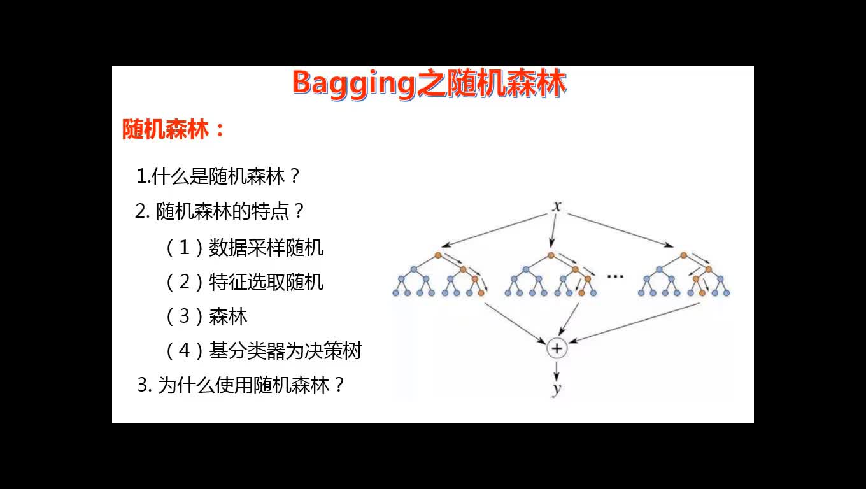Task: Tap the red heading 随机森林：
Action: pos(173,129)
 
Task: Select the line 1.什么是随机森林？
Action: pos(218,176)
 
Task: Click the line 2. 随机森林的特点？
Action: pos(219,211)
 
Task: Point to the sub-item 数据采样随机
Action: pos(266,248)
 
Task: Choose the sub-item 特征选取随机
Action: pos(266,282)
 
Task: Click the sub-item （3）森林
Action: pos(206,316)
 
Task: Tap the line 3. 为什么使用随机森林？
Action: pos(241,385)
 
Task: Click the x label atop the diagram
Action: pos(557,206)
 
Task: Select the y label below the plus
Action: pos(557,389)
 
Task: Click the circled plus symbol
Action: pos(557,348)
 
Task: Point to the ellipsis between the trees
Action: pos(615,276)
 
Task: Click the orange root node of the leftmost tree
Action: pos(438,255)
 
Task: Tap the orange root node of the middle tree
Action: pos(551,255)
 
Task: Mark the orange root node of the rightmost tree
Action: pos(683,255)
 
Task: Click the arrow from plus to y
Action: pos(557,371)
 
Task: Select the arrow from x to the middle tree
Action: pos(553,230)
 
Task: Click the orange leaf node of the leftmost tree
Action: pos(481,293)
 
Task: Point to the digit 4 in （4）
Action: pos(185,351)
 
